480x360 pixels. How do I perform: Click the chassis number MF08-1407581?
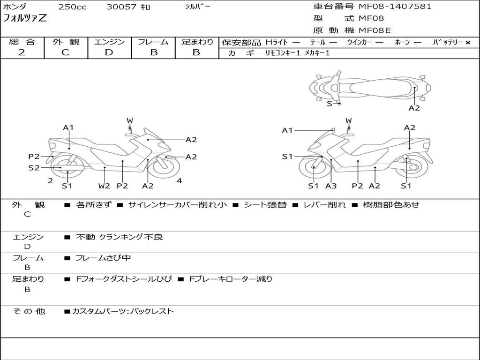[395, 7]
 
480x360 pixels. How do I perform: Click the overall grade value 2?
[22, 52]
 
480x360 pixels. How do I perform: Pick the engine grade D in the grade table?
[109, 52]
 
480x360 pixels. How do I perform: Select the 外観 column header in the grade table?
[66, 42]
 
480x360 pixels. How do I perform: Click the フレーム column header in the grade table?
[153, 42]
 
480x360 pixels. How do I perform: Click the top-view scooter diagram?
[369, 87]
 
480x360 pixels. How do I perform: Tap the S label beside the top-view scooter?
[329, 104]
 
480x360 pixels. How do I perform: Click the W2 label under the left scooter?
[104, 186]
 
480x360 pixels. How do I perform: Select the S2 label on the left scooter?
[34, 167]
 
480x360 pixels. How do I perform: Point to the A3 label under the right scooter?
[331, 186]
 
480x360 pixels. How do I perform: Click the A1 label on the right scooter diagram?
[287, 130]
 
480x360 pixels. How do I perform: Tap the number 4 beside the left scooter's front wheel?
[179, 180]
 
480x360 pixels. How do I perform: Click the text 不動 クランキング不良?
[120, 237]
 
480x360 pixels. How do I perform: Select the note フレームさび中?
[104, 258]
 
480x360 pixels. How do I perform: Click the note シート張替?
[265, 205]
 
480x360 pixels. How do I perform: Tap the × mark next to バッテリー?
[467, 43]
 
